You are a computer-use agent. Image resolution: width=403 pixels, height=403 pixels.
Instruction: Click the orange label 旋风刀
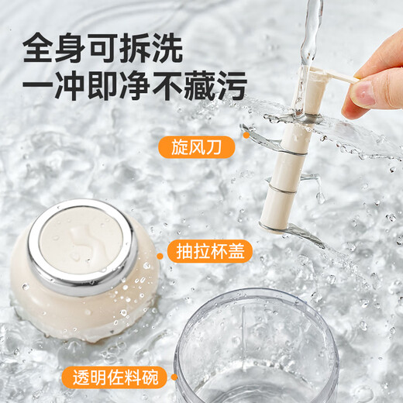coord(198,146)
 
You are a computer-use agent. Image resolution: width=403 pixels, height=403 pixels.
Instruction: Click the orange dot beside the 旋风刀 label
coord(246,134)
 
